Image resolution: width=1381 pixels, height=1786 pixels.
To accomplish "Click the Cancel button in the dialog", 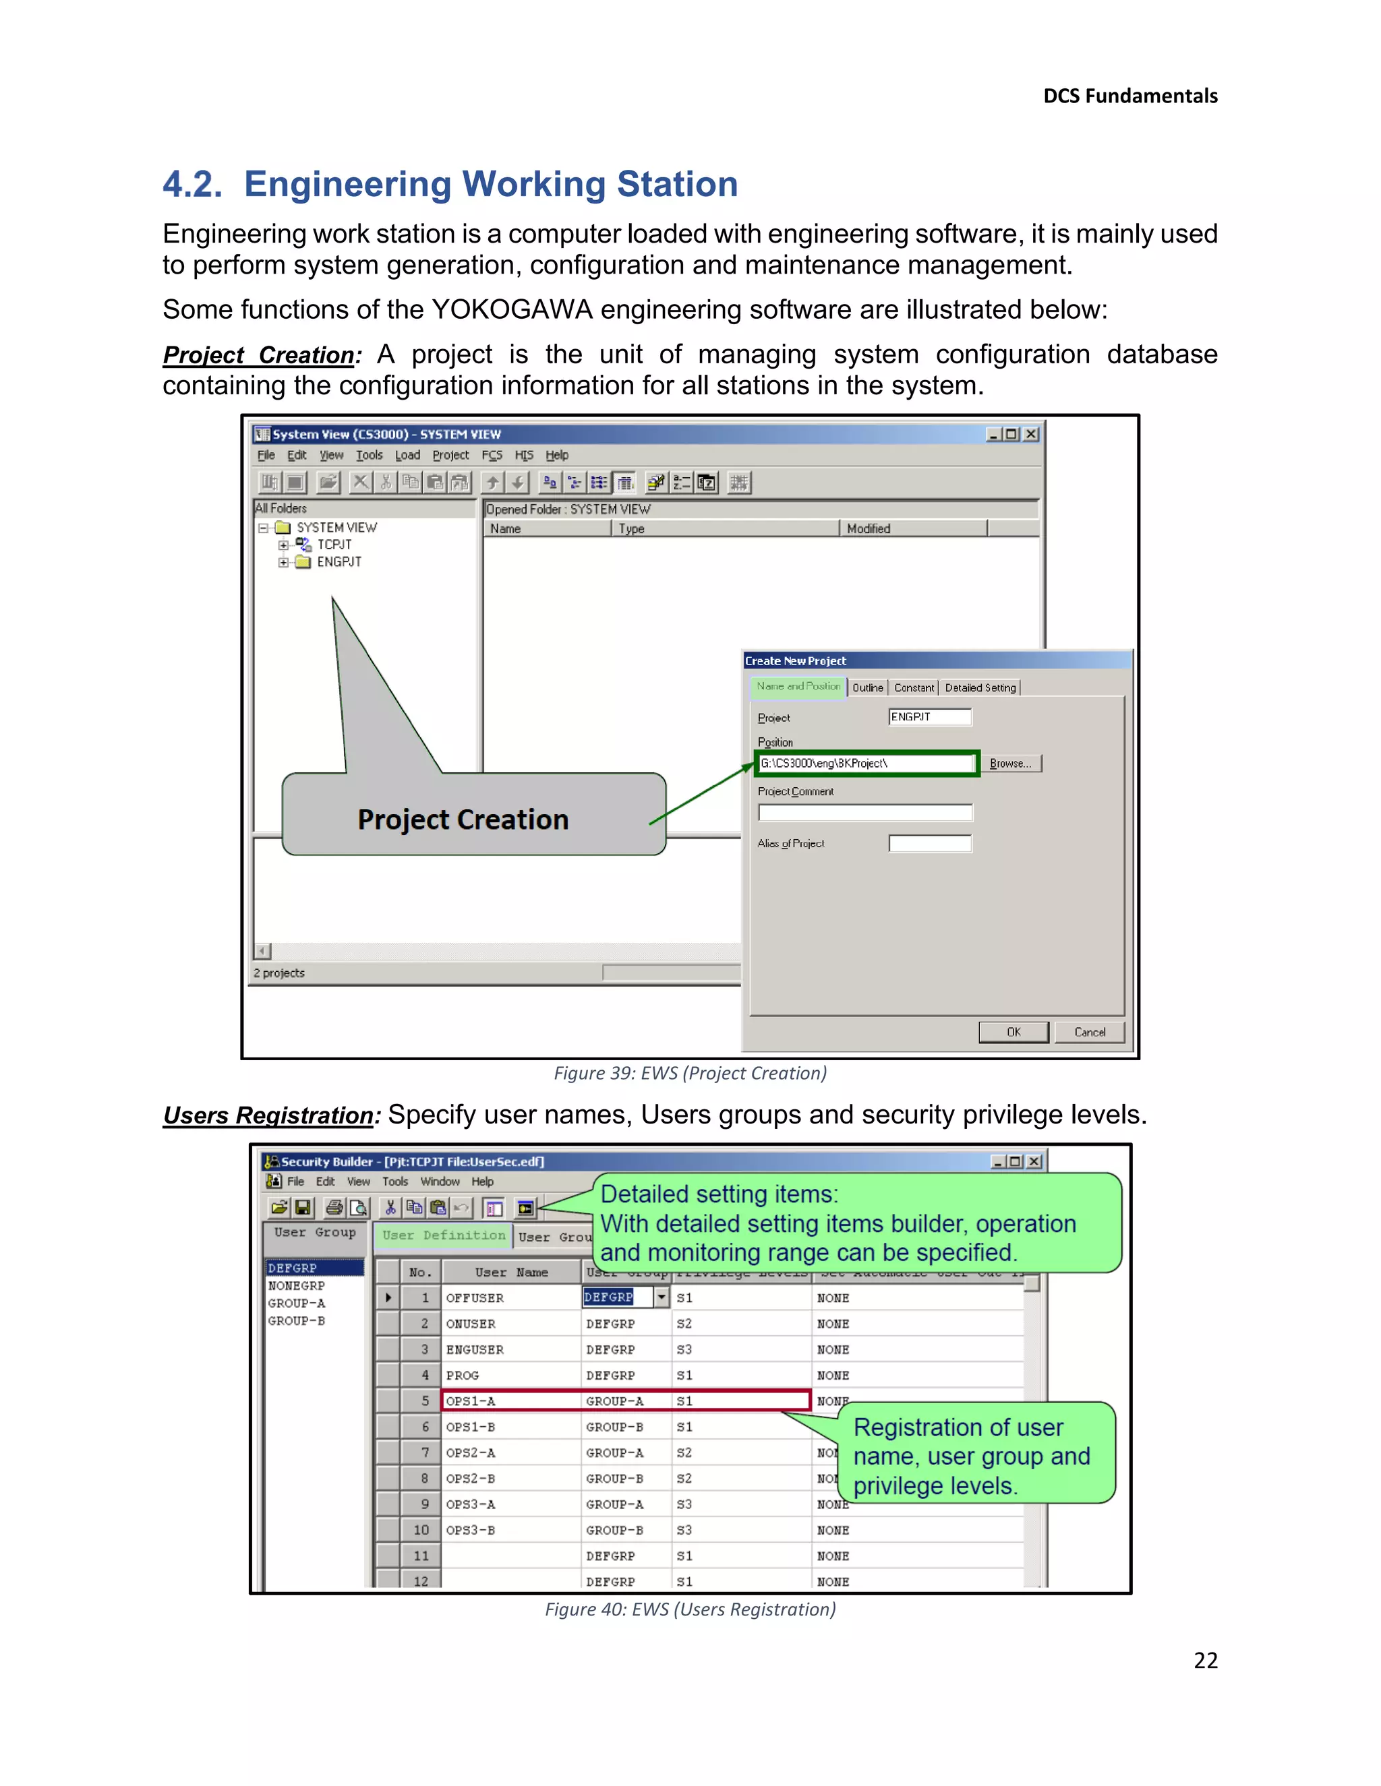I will click(1089, 1032).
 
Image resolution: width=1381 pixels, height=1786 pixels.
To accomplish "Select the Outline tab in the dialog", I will click(867, 687).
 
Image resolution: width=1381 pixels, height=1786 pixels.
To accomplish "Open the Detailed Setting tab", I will click(979, 687).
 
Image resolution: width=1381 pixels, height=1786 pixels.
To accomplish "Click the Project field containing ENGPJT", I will click(929, 717).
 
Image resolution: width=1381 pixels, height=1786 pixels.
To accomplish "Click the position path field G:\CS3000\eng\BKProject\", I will click(866, 764).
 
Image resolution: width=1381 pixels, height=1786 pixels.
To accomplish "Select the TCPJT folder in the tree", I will click(334, 545).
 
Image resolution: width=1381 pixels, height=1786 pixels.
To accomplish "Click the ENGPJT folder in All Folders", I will click(339, 562).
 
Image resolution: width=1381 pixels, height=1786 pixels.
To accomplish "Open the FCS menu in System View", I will click(491, 456).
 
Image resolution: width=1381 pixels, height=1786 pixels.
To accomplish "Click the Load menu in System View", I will click(407, 456).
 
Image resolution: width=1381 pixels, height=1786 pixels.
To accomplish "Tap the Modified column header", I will click(868, 529).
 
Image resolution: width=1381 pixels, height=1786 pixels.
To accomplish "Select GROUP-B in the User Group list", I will click(296, 1321).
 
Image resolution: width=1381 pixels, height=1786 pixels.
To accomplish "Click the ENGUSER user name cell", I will click(475, 1349).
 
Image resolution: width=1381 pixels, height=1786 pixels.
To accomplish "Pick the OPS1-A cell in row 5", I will click(471, 1401).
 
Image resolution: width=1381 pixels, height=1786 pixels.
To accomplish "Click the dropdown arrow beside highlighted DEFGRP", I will click(661, 1297).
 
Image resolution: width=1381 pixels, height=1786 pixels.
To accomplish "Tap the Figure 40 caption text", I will click(690, 1609).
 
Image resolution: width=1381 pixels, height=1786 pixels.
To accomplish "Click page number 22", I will click(1205, 1660).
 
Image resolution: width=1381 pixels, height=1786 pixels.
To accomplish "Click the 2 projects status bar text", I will click(279, 973).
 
